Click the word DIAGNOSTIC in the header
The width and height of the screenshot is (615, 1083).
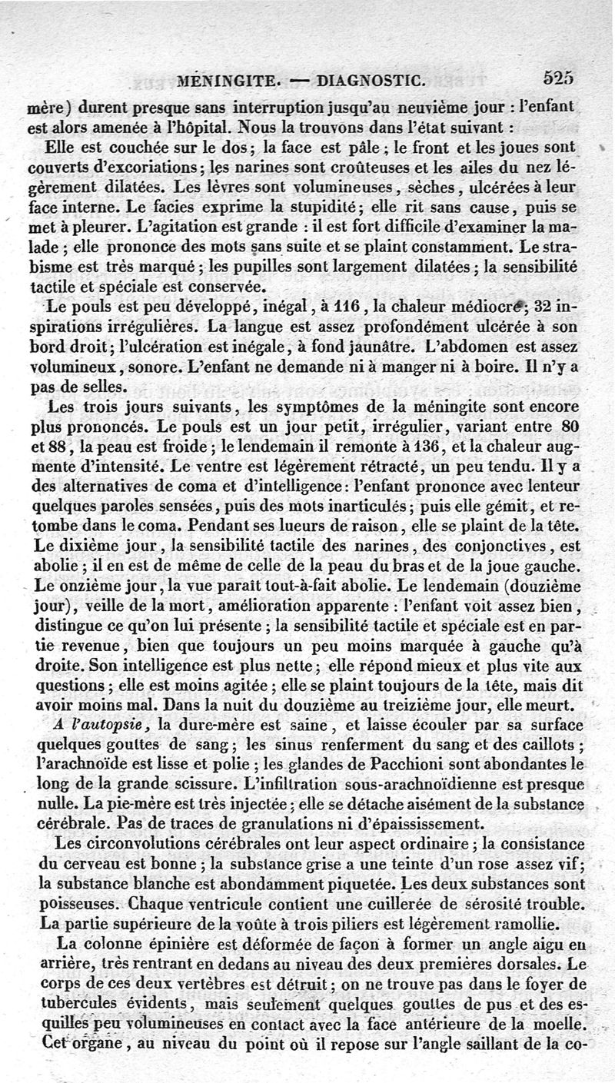coord(371,79)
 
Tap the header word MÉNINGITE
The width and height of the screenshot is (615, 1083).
coord(222,80)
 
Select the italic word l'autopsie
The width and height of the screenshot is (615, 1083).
coord(112,724)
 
